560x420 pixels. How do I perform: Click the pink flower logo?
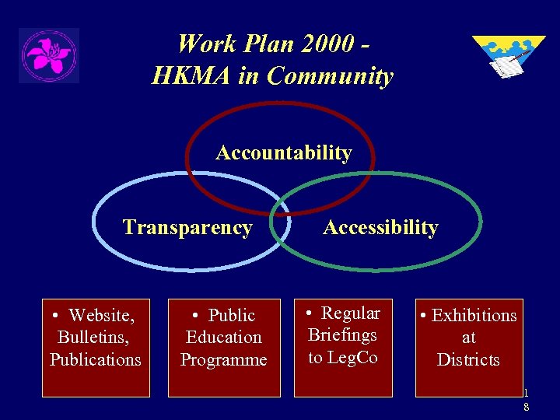48,55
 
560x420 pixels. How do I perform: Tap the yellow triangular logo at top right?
507,55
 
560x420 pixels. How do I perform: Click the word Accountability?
283,153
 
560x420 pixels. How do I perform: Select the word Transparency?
187,228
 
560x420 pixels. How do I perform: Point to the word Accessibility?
380,228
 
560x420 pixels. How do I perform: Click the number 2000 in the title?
321,43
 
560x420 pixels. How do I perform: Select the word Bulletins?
93,338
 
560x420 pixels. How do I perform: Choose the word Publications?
96,359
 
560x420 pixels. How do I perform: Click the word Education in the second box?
224,338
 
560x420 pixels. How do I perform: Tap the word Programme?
224,359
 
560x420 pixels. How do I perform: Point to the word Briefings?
342,335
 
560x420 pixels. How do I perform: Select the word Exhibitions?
474,316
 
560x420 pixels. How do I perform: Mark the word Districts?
468,359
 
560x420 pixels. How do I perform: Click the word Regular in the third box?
351,313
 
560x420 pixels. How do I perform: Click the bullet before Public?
198,316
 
